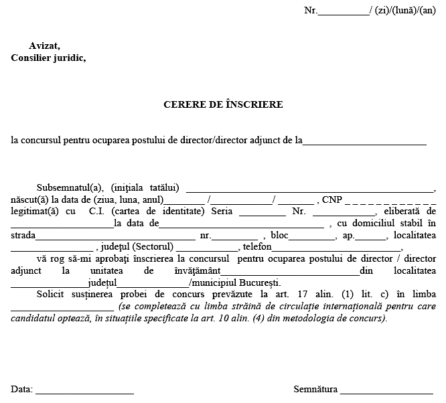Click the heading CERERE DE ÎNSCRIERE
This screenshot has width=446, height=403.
point(223,104)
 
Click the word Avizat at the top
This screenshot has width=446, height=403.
point(44,46)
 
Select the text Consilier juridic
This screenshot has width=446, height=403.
point(48,58)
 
